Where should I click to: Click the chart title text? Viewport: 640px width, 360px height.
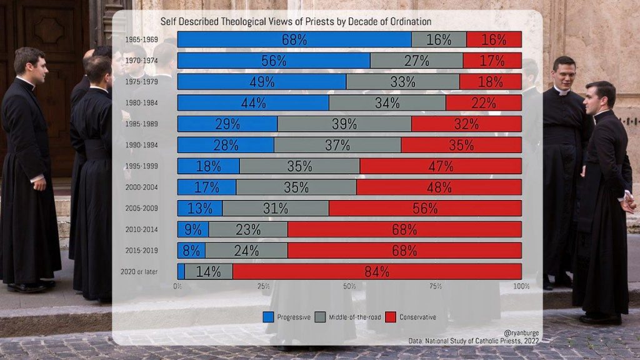pos(296,22)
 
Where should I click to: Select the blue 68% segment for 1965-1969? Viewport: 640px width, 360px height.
pos(294,39)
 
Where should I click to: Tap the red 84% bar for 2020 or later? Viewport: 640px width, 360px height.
pos(377,272)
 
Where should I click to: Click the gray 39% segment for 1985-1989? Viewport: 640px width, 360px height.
pos(344,124)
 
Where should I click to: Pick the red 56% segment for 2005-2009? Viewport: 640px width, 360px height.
pos(425,208)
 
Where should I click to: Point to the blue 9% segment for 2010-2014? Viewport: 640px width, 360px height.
pos(193,229)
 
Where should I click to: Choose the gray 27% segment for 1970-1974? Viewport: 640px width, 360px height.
pos(416,61)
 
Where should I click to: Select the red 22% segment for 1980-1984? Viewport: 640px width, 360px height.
pos(484,102)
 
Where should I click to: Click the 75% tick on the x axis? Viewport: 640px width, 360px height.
pos(436,286)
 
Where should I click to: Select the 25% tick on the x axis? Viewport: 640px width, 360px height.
pos(263,286)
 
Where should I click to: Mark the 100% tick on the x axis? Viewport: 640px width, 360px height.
pos(521,286)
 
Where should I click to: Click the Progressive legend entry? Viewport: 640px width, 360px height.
pos(287,317)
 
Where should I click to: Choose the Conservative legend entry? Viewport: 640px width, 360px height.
pos(411,317)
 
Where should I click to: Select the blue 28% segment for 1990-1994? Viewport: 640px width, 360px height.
pos(226,145)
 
